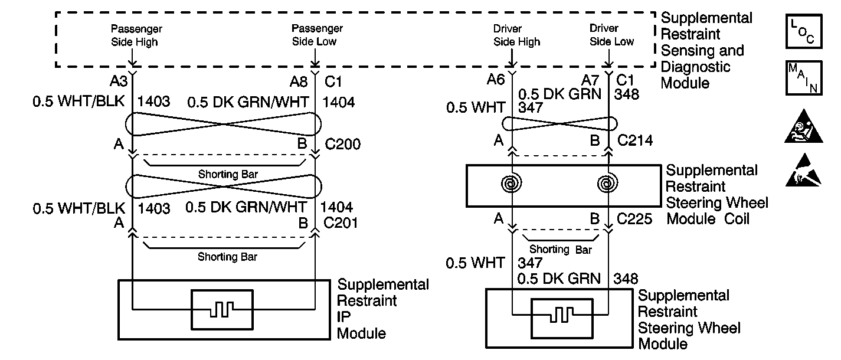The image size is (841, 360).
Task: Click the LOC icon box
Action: [804, 31]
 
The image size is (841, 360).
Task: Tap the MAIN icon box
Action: [804, 78]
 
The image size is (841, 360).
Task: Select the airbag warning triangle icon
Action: [803, 126]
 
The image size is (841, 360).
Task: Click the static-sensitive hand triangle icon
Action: [803, 170]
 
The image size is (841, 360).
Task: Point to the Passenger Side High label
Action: [136, 35]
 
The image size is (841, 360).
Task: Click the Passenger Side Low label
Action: [317, 35]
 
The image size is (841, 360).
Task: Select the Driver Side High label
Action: [516, 35]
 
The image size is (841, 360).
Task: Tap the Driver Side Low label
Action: [611, 35]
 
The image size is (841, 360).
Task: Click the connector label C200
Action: [342, 144]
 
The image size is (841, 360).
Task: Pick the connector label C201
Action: [341, 223]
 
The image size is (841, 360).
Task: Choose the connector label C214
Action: [635, 140]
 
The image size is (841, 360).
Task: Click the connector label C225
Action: [634, 219]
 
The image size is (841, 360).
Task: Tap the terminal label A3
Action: [119, 81]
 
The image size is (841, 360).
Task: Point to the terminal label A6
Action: [496, 79]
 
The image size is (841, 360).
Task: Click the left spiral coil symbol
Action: [511, 184]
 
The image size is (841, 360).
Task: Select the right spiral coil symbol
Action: [607, 184]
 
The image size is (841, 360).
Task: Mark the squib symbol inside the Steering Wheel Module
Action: [562, 318]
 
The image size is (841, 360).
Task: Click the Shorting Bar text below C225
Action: [560, 249]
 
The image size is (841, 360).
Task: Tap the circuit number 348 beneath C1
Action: [626, 94]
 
